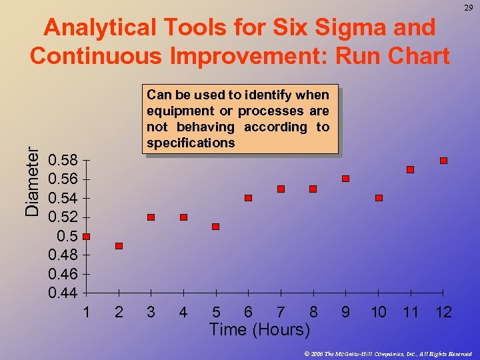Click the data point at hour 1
(x=86, y=237)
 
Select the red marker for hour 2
(x=119, y=246)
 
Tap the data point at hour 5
(x=215, y=227)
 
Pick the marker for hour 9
(x=345, y=179)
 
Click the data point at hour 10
(x=379, y=198)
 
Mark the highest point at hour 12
(x=443, y=161)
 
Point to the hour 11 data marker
(x=410, y=170)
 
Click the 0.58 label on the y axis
(x=63, y=161)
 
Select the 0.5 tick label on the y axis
(x=67, y=237)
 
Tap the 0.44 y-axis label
(x=63, y=293)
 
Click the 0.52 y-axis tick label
(x=63, y=217)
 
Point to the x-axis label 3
(x=151, y=312)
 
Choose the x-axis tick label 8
(x=313, y=312)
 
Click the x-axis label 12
(x=443, y=312)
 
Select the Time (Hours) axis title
(x=259, y=329)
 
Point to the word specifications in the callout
(x=191, y=143)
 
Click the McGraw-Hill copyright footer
(x=387, y=353)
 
